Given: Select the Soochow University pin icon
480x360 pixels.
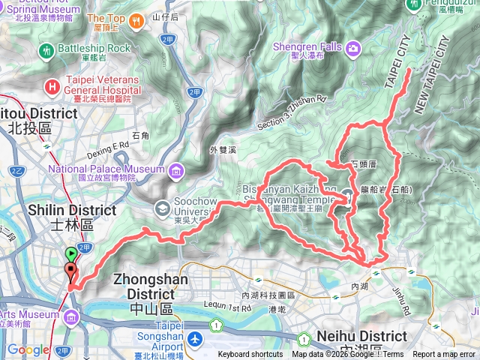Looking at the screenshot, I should pos(163,208).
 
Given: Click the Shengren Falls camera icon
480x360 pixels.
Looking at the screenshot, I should pos(352,48).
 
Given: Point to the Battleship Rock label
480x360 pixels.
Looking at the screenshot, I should pos(93,48).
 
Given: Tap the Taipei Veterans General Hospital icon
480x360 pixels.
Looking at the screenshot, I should pos(50,86).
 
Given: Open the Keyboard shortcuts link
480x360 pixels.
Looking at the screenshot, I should pos(250,355).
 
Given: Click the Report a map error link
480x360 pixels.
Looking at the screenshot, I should pos(445,355).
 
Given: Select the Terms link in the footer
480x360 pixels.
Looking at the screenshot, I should pos(394,355).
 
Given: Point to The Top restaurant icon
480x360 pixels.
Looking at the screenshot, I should pos(136,21).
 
